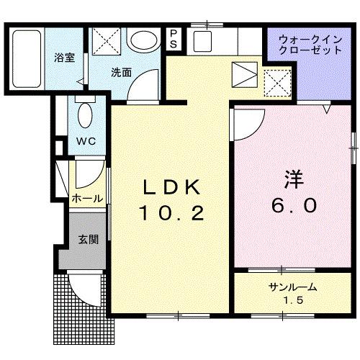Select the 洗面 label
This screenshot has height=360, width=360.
(122, 72)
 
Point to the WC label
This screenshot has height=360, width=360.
(87, 141)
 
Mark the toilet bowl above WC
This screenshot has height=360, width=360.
(85, 114)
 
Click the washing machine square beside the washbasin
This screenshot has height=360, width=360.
(106, 40)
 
